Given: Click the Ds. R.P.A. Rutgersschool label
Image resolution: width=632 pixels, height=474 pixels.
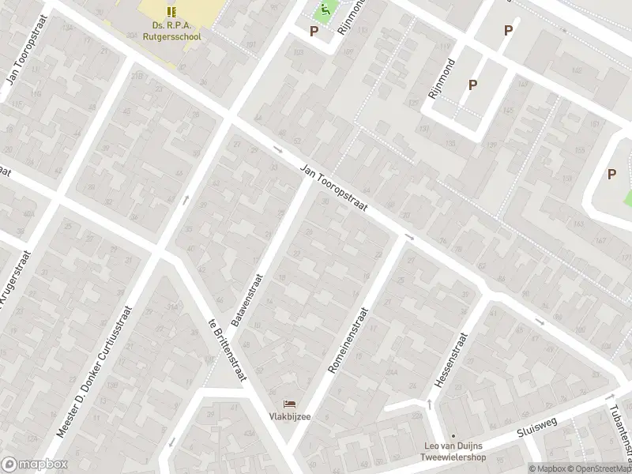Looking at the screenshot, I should click(x=171, y=29).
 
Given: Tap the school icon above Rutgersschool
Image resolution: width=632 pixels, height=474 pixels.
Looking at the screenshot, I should click(x=171, y=11).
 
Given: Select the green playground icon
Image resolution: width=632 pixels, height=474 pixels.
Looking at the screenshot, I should click(x=323, y=11).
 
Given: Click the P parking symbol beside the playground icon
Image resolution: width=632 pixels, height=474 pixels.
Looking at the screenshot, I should click(x=314, y=32).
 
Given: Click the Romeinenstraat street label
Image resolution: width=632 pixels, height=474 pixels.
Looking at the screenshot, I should click(x=348, y=340).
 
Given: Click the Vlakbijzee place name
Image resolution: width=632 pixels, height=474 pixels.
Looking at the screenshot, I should click(x=288, y=417).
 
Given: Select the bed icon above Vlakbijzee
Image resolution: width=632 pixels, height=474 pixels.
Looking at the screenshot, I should click(x=288, y=404).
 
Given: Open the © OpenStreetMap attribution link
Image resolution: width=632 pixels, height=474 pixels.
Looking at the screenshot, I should click(x=598, y=468).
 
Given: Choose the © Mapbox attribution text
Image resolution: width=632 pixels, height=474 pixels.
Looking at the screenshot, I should click(x=547, y=468).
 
